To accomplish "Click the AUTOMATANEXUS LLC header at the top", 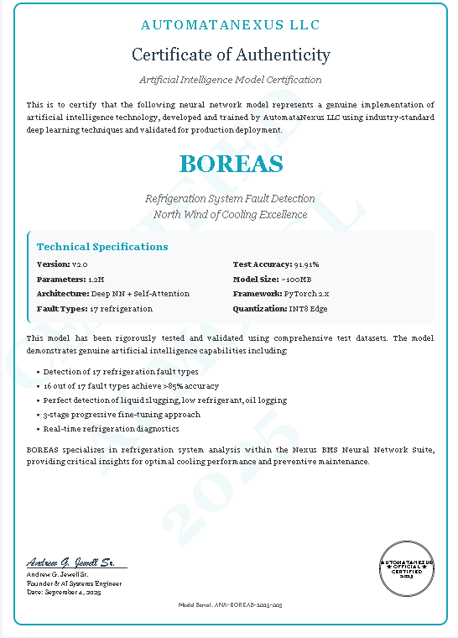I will tap(231, 26).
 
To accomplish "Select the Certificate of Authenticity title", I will tap(231, 55).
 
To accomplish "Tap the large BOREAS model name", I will tap(231, 163).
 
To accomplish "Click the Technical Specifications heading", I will tap(102, 247).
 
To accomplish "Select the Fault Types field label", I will tap(61, 308).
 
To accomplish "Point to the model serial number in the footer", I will tap(231, 604).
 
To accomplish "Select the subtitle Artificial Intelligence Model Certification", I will tap(231, 80).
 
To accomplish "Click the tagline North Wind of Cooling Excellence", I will tap(231, 214).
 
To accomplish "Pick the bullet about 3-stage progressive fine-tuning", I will tap(122, 415).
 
